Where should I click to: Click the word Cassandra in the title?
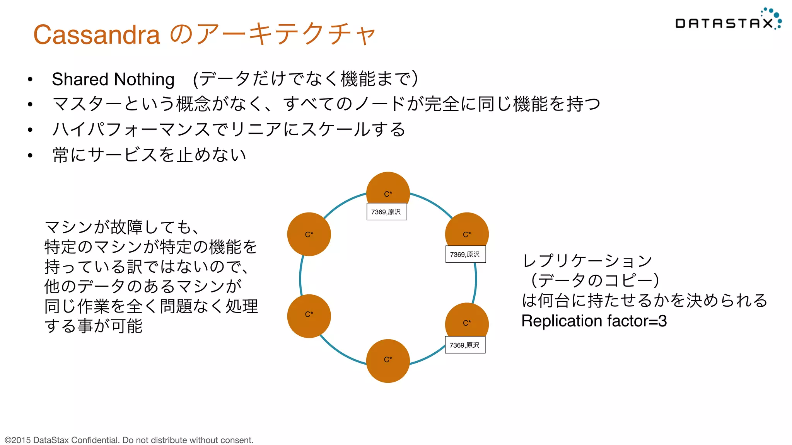[x=97, y=35]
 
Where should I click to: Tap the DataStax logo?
[x=727, y=21]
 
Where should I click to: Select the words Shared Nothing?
[x=113, y=79]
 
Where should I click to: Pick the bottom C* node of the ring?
[x=388, y=361]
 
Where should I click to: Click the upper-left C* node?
[x=309, y=234]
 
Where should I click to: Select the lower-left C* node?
[x=309, y=316]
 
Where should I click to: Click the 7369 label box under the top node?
[x=386, y=212]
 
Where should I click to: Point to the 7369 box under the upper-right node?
[x=465, y=254]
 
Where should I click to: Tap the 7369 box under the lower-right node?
[x=465, y=345]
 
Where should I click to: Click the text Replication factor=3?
[x=594, y=321]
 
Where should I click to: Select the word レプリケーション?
[x=587, y=261]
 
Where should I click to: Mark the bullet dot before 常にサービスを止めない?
[x=30, y=155]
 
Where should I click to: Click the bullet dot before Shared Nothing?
[x=30, y=80]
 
